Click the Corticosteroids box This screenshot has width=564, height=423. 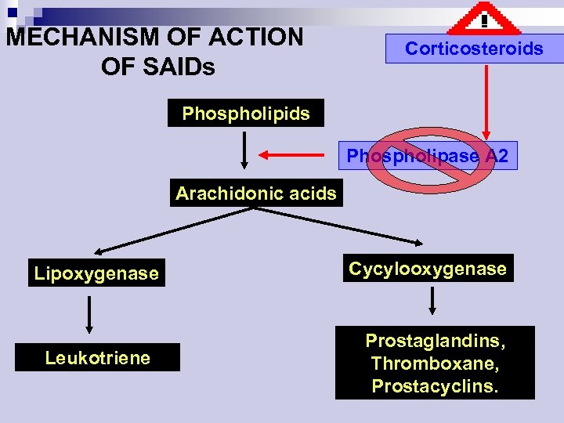click(473, 49)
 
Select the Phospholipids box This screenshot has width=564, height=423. click(246, 114)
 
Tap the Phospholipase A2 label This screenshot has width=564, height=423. click(428, 157)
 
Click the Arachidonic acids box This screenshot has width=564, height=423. click(256, 193)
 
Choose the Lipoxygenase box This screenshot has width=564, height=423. click(96, 273)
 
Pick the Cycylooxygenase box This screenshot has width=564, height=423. click(428, 269)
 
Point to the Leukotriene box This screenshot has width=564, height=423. click(98, 358)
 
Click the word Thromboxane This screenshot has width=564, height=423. click(435, 364)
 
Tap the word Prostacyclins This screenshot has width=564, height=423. click(435, 386)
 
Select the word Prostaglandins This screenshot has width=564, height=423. click(435, 342)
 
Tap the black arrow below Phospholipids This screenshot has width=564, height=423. click(245, 150)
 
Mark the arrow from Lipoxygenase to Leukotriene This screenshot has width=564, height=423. click(89, 314)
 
